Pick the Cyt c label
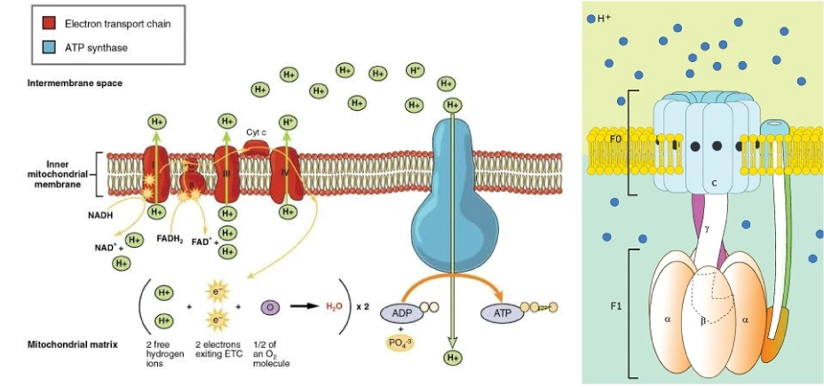(258, 131)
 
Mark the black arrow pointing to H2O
(301, 306)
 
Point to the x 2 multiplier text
(363, 306)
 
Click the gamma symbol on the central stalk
(707, 228)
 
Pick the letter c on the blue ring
(714, 182)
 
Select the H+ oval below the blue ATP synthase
(453, 357)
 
